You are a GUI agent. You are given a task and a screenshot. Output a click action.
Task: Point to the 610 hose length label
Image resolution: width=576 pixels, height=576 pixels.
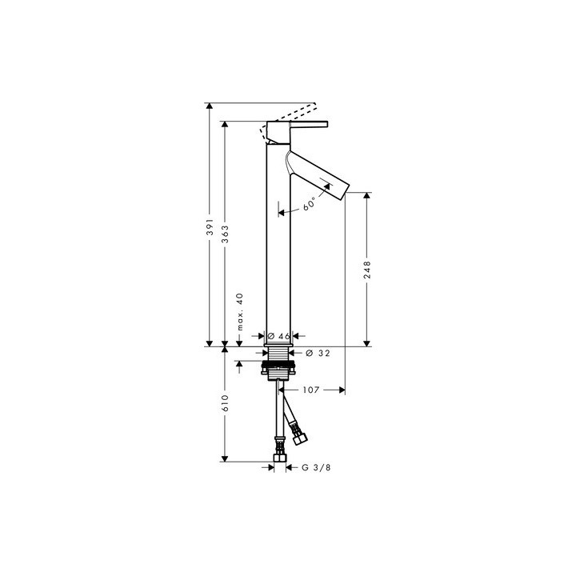tap(226, 402)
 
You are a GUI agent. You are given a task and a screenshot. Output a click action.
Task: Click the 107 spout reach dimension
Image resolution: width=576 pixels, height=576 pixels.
tap(312, 390)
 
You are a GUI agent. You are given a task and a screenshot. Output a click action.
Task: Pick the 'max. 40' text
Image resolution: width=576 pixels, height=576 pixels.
tap(239, 311)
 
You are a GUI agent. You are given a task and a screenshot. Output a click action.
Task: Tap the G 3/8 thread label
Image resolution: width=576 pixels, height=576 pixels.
tap(315, 467)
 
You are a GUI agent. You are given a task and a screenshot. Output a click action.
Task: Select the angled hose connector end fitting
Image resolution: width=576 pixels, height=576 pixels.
tap(300, 438)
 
